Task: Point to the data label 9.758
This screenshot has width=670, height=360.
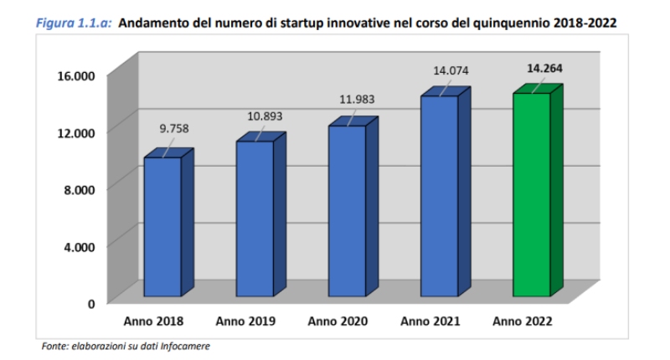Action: click(174, 129)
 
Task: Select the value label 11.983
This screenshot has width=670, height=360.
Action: click(357, 99)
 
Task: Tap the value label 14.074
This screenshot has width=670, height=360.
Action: click(451, 70)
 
